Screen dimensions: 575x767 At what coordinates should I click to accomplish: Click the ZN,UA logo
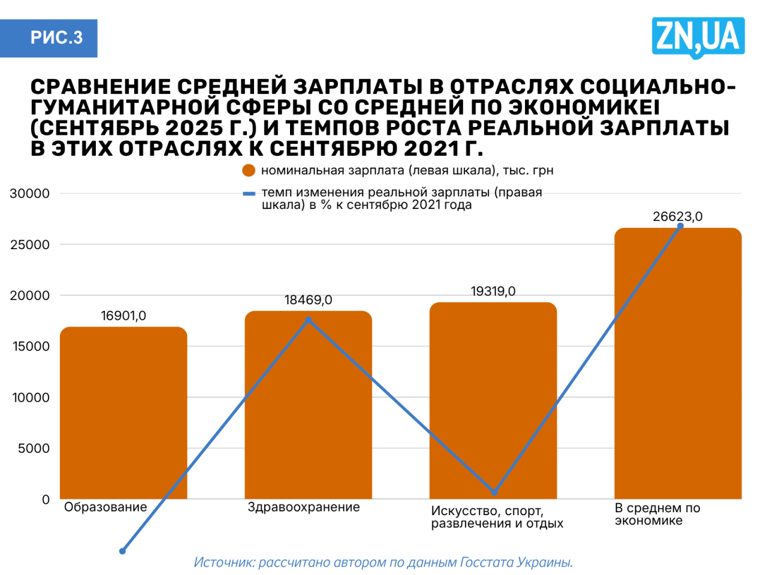(698, 37)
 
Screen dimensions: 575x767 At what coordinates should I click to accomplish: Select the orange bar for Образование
(123, 413)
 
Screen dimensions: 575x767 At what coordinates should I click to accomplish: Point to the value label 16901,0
(123, 316)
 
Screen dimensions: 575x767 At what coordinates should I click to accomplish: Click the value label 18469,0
(308, 300)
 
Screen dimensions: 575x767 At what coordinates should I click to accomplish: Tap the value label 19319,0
(493, 291)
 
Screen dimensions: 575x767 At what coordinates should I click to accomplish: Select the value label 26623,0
(678, 217)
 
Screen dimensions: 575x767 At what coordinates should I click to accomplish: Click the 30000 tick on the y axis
(30, 193)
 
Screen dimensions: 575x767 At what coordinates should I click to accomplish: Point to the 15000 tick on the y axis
(30, 346)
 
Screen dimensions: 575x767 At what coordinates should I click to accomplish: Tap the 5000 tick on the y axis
(34, 448)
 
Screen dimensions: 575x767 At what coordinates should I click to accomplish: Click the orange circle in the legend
(249, 171)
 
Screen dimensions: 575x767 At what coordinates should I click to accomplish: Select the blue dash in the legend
(249, 193)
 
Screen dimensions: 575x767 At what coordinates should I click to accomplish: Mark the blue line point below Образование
(122, 551)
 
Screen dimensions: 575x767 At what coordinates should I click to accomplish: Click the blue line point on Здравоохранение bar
(309, 320)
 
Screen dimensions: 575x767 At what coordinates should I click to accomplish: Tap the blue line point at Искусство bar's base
(494, 492)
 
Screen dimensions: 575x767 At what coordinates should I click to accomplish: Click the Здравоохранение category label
(304, 507)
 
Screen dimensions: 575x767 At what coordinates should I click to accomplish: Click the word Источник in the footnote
(224, 562)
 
